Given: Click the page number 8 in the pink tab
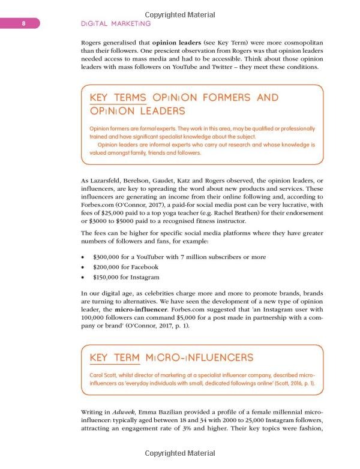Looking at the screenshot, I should pos(23,23).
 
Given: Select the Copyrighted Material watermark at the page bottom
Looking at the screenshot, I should pos(179,454).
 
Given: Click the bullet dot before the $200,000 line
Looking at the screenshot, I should pos(82,267).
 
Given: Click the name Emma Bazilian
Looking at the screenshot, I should pos(171,413).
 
